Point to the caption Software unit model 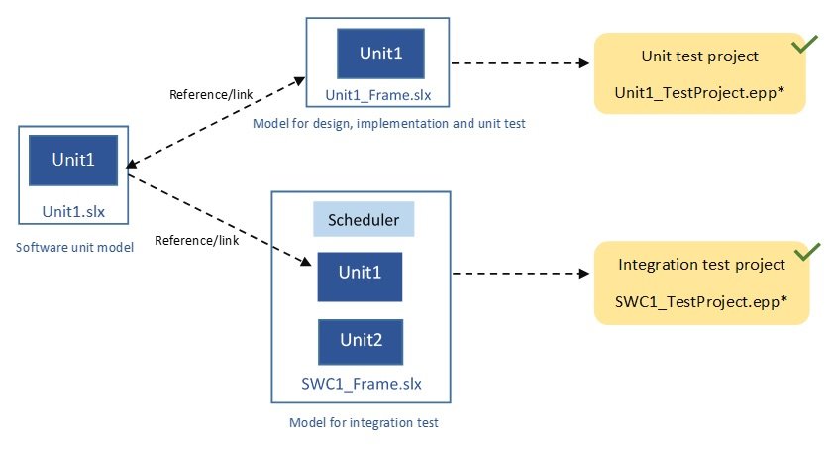(74, 246)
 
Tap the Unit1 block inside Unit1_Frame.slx (380, 54)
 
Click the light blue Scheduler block (364, 220)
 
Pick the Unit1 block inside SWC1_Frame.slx (360, 277)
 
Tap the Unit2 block (360, 342)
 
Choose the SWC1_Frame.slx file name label (361, 384)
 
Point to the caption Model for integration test (364, 422)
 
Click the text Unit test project (699, 56)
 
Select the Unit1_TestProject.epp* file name (701, 91)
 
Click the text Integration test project (701, 265)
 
